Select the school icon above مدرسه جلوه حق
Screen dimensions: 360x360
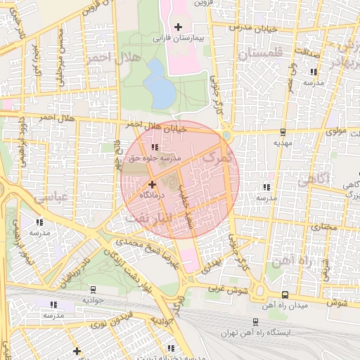pyautogui.click(x=155, y=147)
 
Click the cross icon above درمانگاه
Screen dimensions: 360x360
pyautogui.click(x=152, y=184)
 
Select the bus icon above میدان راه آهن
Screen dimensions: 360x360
pyautogui.click(x=284, y=295)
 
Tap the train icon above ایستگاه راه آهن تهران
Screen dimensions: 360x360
pyautogui.click(x=255, y=321)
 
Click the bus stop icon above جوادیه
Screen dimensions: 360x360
pyautogui.click(x=94, y=289)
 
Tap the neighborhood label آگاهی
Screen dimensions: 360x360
pyautogui.click(x=313, y=180)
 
